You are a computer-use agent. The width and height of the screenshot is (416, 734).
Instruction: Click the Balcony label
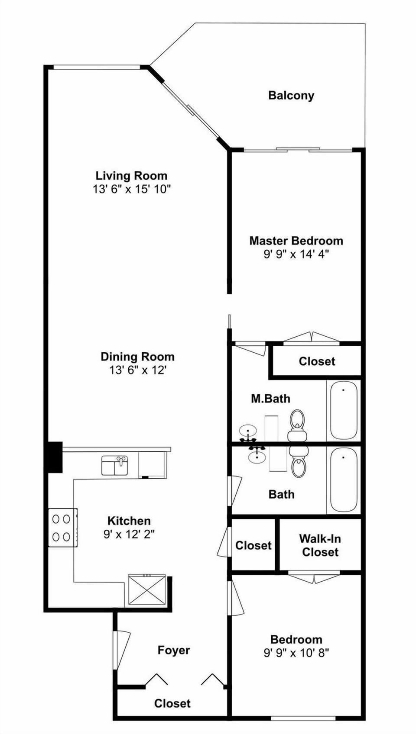[x=291, y=95]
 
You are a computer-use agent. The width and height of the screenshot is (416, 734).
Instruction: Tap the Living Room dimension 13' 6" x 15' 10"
[x=132, y=189]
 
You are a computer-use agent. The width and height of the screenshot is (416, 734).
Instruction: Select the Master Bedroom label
[x=296, y=241]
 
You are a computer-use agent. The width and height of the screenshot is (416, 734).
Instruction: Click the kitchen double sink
[x=114, y=465]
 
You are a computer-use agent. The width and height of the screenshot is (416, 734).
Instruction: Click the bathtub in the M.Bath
[x=344, y=410]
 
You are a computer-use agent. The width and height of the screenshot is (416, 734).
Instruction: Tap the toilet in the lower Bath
[x=298, y=462]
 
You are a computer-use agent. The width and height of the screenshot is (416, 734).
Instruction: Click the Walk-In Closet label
[x=320, y=545]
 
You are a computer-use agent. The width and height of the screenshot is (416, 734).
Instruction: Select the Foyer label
[x=174, y=650]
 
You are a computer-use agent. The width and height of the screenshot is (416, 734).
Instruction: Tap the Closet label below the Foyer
[x=172, y=703]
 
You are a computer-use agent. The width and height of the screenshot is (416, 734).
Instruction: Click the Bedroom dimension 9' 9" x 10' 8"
[x=296, y=653]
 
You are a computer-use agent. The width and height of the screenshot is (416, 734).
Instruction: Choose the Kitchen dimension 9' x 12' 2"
[x=129, y=534]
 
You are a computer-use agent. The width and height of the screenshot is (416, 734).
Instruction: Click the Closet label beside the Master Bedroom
[x=317, y=361]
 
